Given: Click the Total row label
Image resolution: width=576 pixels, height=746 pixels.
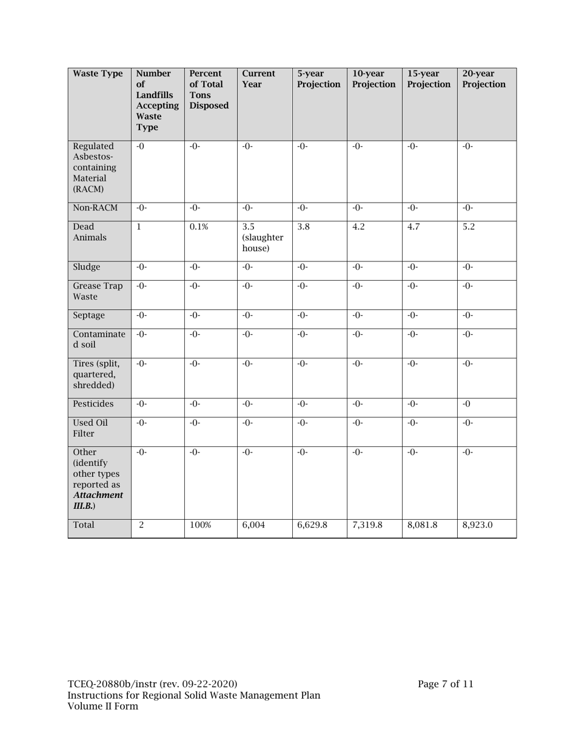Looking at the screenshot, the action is pos(84,525).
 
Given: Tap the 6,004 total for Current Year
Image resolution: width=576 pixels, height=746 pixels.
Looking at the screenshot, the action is pos(253,525).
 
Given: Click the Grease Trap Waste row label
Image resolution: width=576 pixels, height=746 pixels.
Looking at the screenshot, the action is pos(98,292).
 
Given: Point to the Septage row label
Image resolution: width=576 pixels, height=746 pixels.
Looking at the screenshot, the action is pos(89,316).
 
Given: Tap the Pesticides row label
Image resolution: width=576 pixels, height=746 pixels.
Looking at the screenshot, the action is pos(93,404).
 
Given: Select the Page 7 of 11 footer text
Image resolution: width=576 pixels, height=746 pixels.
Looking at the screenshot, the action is pos(446,685).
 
